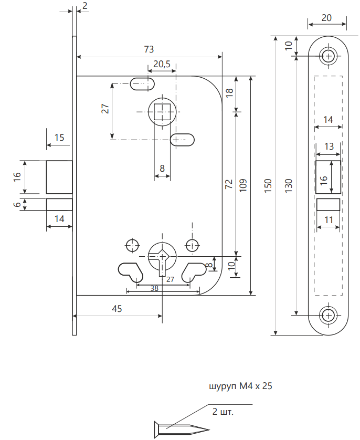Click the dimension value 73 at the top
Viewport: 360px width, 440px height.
(x=149, y=49)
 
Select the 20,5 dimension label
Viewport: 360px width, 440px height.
(x=161, y=64)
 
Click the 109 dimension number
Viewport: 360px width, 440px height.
(x=243, y=183)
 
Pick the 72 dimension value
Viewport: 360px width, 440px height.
(x=229, y=183)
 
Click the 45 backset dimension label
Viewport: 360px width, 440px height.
(x=117, y=309)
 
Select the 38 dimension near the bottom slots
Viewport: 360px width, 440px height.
(x=155, y=288)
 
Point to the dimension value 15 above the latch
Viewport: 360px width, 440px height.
(x=59, y=138)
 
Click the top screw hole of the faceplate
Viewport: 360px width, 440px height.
(x=329, y=56)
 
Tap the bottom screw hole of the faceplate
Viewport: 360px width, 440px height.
(x=329, y=315)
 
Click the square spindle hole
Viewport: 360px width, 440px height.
(x=164, y=112)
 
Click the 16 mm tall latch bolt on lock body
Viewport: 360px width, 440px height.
(x=59, y=177)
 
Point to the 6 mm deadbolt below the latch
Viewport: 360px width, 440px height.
(x=59, y=204)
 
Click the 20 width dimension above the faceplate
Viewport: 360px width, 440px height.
(x=326, y=18)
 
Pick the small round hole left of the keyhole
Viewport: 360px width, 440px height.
(x=131, y=245)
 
